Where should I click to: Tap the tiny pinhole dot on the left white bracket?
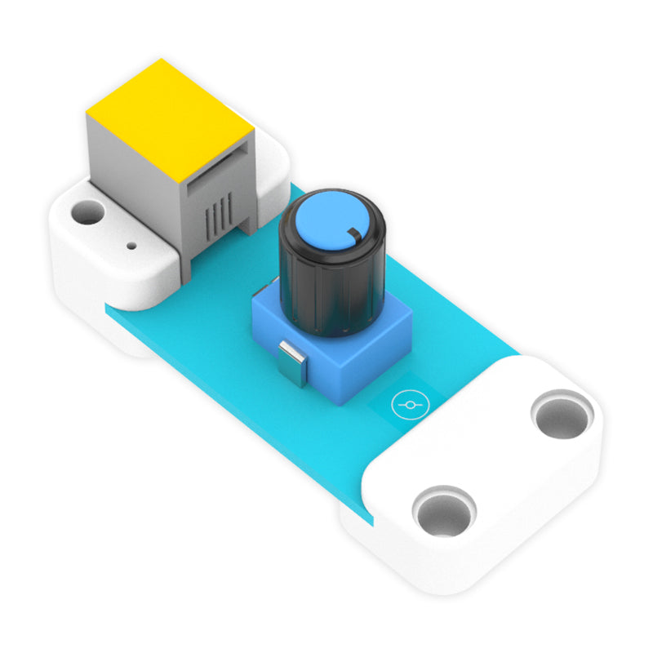131,243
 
